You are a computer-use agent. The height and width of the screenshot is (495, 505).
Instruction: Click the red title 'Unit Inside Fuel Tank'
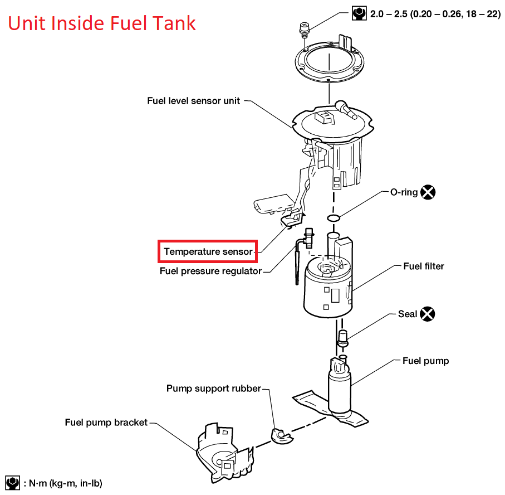pyautogui.click(x=101, y=23)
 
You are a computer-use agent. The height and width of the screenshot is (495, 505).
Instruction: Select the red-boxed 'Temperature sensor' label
pyautogui.click(x=208, y=252)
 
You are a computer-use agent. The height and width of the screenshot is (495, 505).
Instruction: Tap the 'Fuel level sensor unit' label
pyautogui.click(x=193, y=101)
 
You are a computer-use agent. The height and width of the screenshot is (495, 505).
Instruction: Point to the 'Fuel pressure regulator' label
pyautogui.click(x=210, y=271)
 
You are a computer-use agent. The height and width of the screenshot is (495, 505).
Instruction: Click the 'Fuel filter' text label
pyautogui.click(x=424, y=266)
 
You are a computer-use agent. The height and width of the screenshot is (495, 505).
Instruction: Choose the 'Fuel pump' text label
pyautogui.click(x=425, y=361)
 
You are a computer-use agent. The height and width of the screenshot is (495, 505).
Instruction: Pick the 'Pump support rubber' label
pyautogui.click(x=213, y=388)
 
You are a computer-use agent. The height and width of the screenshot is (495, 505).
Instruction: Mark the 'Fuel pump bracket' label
pyautogui.click(x=106, y=422)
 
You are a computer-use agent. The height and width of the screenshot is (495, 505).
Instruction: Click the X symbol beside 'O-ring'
pyautogui.click(x=428, y=192)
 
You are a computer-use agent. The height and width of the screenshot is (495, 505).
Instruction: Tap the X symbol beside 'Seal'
pyautogui.click(x=427, y=314)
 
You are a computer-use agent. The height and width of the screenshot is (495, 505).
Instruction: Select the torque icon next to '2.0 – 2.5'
pyautogui.click(x=359, y=13)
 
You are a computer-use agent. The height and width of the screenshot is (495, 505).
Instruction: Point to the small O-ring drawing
pyautogui.click(x=333, y=217)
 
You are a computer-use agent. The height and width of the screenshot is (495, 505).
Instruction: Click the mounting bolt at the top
pyautogui.click(x=304, y=29)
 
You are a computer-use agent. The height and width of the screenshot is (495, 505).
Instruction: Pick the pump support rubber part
pyautogui.click(x=281, y=435)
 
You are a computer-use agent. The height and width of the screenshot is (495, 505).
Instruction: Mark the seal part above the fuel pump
pyautogui.click(x=343, y=337)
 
